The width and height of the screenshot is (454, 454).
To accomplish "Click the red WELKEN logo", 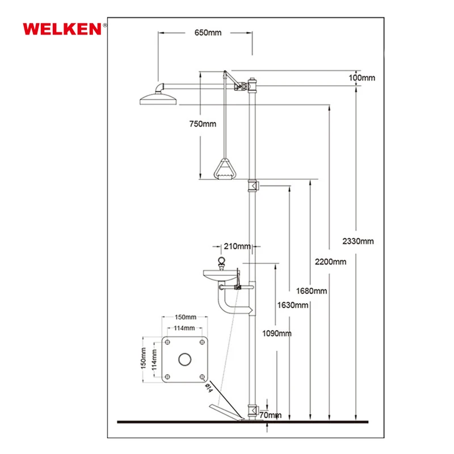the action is [62, 29].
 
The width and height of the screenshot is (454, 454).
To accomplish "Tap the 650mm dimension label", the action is [208, 33].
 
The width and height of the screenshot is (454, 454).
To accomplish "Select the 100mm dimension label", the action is [361, 78].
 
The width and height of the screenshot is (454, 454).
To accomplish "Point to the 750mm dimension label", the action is [203, 124].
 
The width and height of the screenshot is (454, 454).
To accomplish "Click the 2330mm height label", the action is [358, 241].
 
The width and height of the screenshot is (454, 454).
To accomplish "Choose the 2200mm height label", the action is [330, 262].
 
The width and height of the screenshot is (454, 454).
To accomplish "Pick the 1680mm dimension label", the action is [311, 291].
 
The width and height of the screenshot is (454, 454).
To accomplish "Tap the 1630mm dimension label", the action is [293, 305].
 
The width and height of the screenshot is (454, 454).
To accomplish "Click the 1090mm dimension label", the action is [277, 334].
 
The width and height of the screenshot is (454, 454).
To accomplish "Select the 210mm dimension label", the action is [237, 246].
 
